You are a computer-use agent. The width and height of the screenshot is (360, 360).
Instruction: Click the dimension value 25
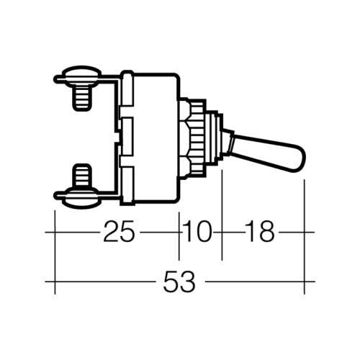coord(120,232)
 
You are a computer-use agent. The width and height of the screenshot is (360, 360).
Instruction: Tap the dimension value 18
coord(259,232)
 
